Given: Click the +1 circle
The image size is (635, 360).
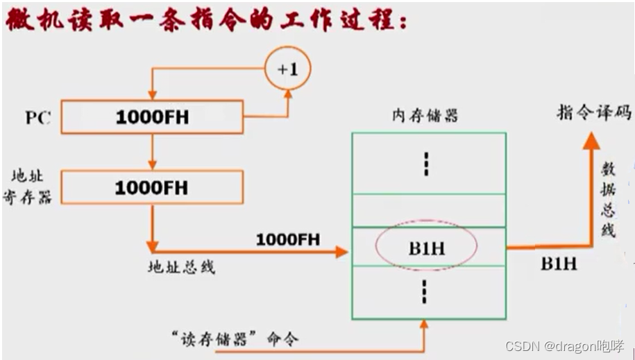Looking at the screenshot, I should tap(288, 70).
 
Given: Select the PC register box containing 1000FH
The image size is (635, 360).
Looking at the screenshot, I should tap(152, 117).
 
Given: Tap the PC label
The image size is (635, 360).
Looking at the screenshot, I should tap(38, 117).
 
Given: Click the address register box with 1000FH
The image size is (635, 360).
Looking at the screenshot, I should tap(152, 187).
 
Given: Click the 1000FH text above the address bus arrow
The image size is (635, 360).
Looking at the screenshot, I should tap(288, 239).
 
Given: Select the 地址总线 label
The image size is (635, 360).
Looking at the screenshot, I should tap(182, 266).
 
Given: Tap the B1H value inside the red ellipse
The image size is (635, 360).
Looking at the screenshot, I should tap(426, 248).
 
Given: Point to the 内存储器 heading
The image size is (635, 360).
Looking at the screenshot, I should tap(425, 115).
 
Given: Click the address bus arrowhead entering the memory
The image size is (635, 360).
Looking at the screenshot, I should tap(341, 252).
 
